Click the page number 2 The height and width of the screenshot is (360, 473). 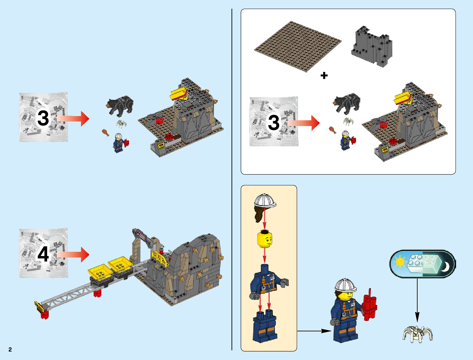click(x=10, y=349)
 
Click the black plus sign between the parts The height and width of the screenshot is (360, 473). click(x=324, y=75)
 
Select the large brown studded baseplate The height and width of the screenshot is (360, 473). click(x=298, y=47)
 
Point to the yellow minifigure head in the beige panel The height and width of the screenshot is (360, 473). click(x=265, y=239)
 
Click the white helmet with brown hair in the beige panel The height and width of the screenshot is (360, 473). click(x=264, y=207)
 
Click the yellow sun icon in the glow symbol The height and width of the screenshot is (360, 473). click(x=400, y=262)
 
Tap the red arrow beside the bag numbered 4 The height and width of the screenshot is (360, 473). click(x=73, y=255)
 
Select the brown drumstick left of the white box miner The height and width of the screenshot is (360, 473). click(x=332, y=130)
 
